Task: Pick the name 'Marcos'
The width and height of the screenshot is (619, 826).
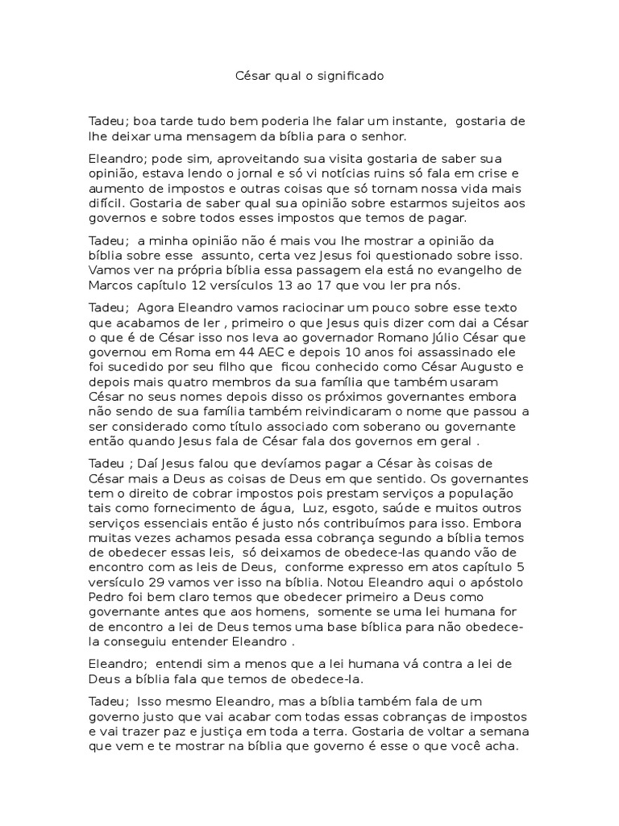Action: [x=110, y=286]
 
